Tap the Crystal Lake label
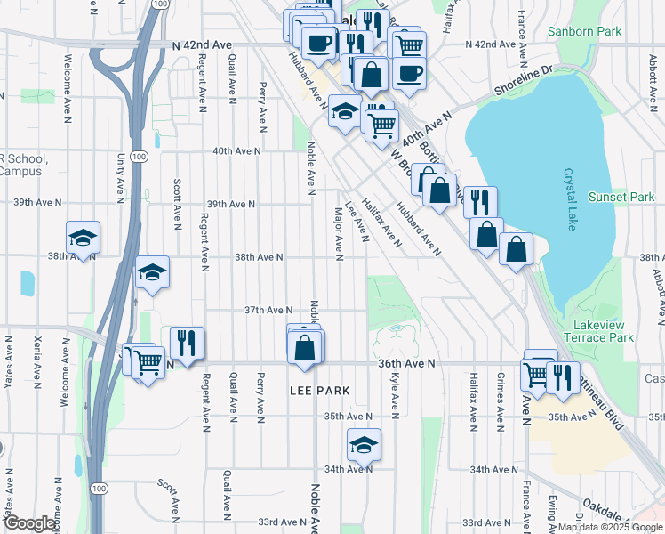pos(567,200)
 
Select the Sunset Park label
pos(621,197)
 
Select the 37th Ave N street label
pos(268,310)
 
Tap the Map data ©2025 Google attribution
pos(610,527)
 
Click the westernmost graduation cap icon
pos(83,239)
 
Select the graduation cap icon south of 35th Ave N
pos(363,444)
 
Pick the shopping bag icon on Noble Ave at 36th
pos(305,348)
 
